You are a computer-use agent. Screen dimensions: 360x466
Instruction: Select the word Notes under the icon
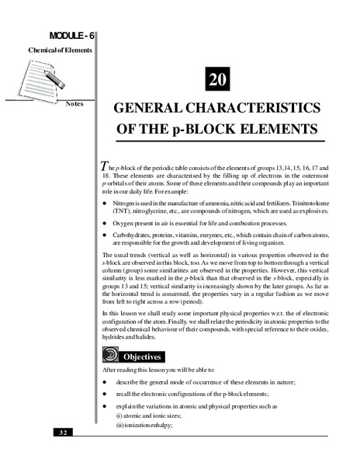(76, 104)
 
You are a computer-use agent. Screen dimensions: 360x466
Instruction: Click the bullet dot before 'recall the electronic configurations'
(106, 395)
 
